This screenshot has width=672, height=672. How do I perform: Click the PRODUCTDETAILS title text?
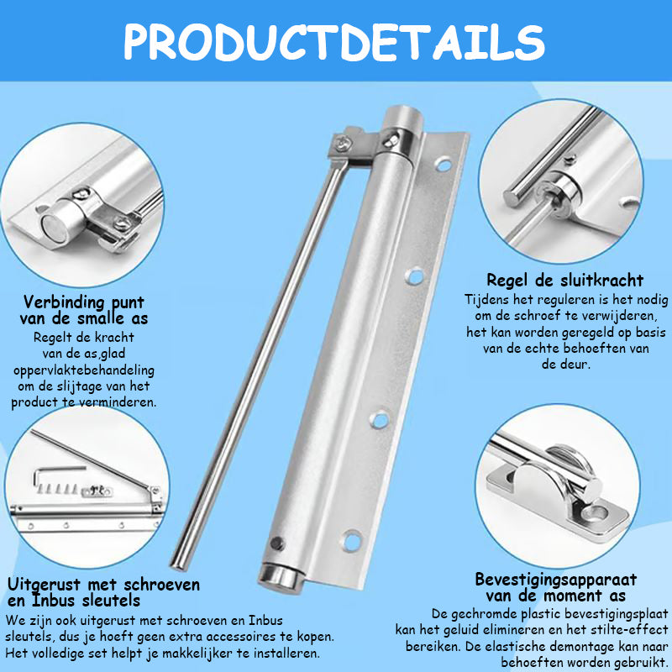click(334, 41)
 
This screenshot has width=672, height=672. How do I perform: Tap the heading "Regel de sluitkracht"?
click(564, 281)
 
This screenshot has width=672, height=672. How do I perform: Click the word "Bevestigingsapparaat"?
click(556, 580)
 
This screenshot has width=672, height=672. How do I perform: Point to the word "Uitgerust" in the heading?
click(45, 585)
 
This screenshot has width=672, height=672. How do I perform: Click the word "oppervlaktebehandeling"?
click(84, 370)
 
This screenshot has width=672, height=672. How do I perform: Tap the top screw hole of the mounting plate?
click(444, 165)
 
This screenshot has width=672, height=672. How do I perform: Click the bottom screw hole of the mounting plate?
click(351, 540)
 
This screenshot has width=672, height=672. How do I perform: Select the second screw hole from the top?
click(415, 276)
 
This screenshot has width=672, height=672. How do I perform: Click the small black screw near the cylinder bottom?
click(277, 543)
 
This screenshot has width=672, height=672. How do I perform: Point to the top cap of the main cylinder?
click(401, 118)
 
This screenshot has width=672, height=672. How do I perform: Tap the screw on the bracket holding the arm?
click(343, 143)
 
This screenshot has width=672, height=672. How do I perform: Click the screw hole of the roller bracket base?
click(596, 512)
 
